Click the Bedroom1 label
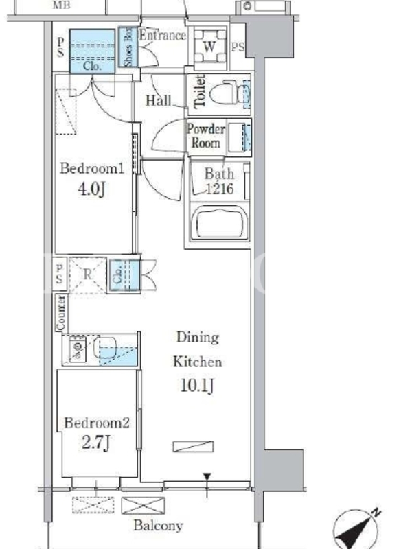click(92, 168)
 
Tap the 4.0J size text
click(91, 189)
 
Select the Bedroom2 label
click(97, 423)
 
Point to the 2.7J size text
click(96, 443)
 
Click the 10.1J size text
click(197, 386)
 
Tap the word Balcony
click(158, 525)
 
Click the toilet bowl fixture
click(224, 93)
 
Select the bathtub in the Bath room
click(220, 222)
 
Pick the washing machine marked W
click(209, 46)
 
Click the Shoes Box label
click(128, 47)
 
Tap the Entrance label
click(163, 36)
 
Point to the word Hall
click(159, 100)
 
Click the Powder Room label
click(205, 136)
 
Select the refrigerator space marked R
click(88, 275)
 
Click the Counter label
click(60, 313)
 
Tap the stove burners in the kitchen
click(78, 349)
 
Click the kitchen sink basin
click(105, 348)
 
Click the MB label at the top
click(61, 5)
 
